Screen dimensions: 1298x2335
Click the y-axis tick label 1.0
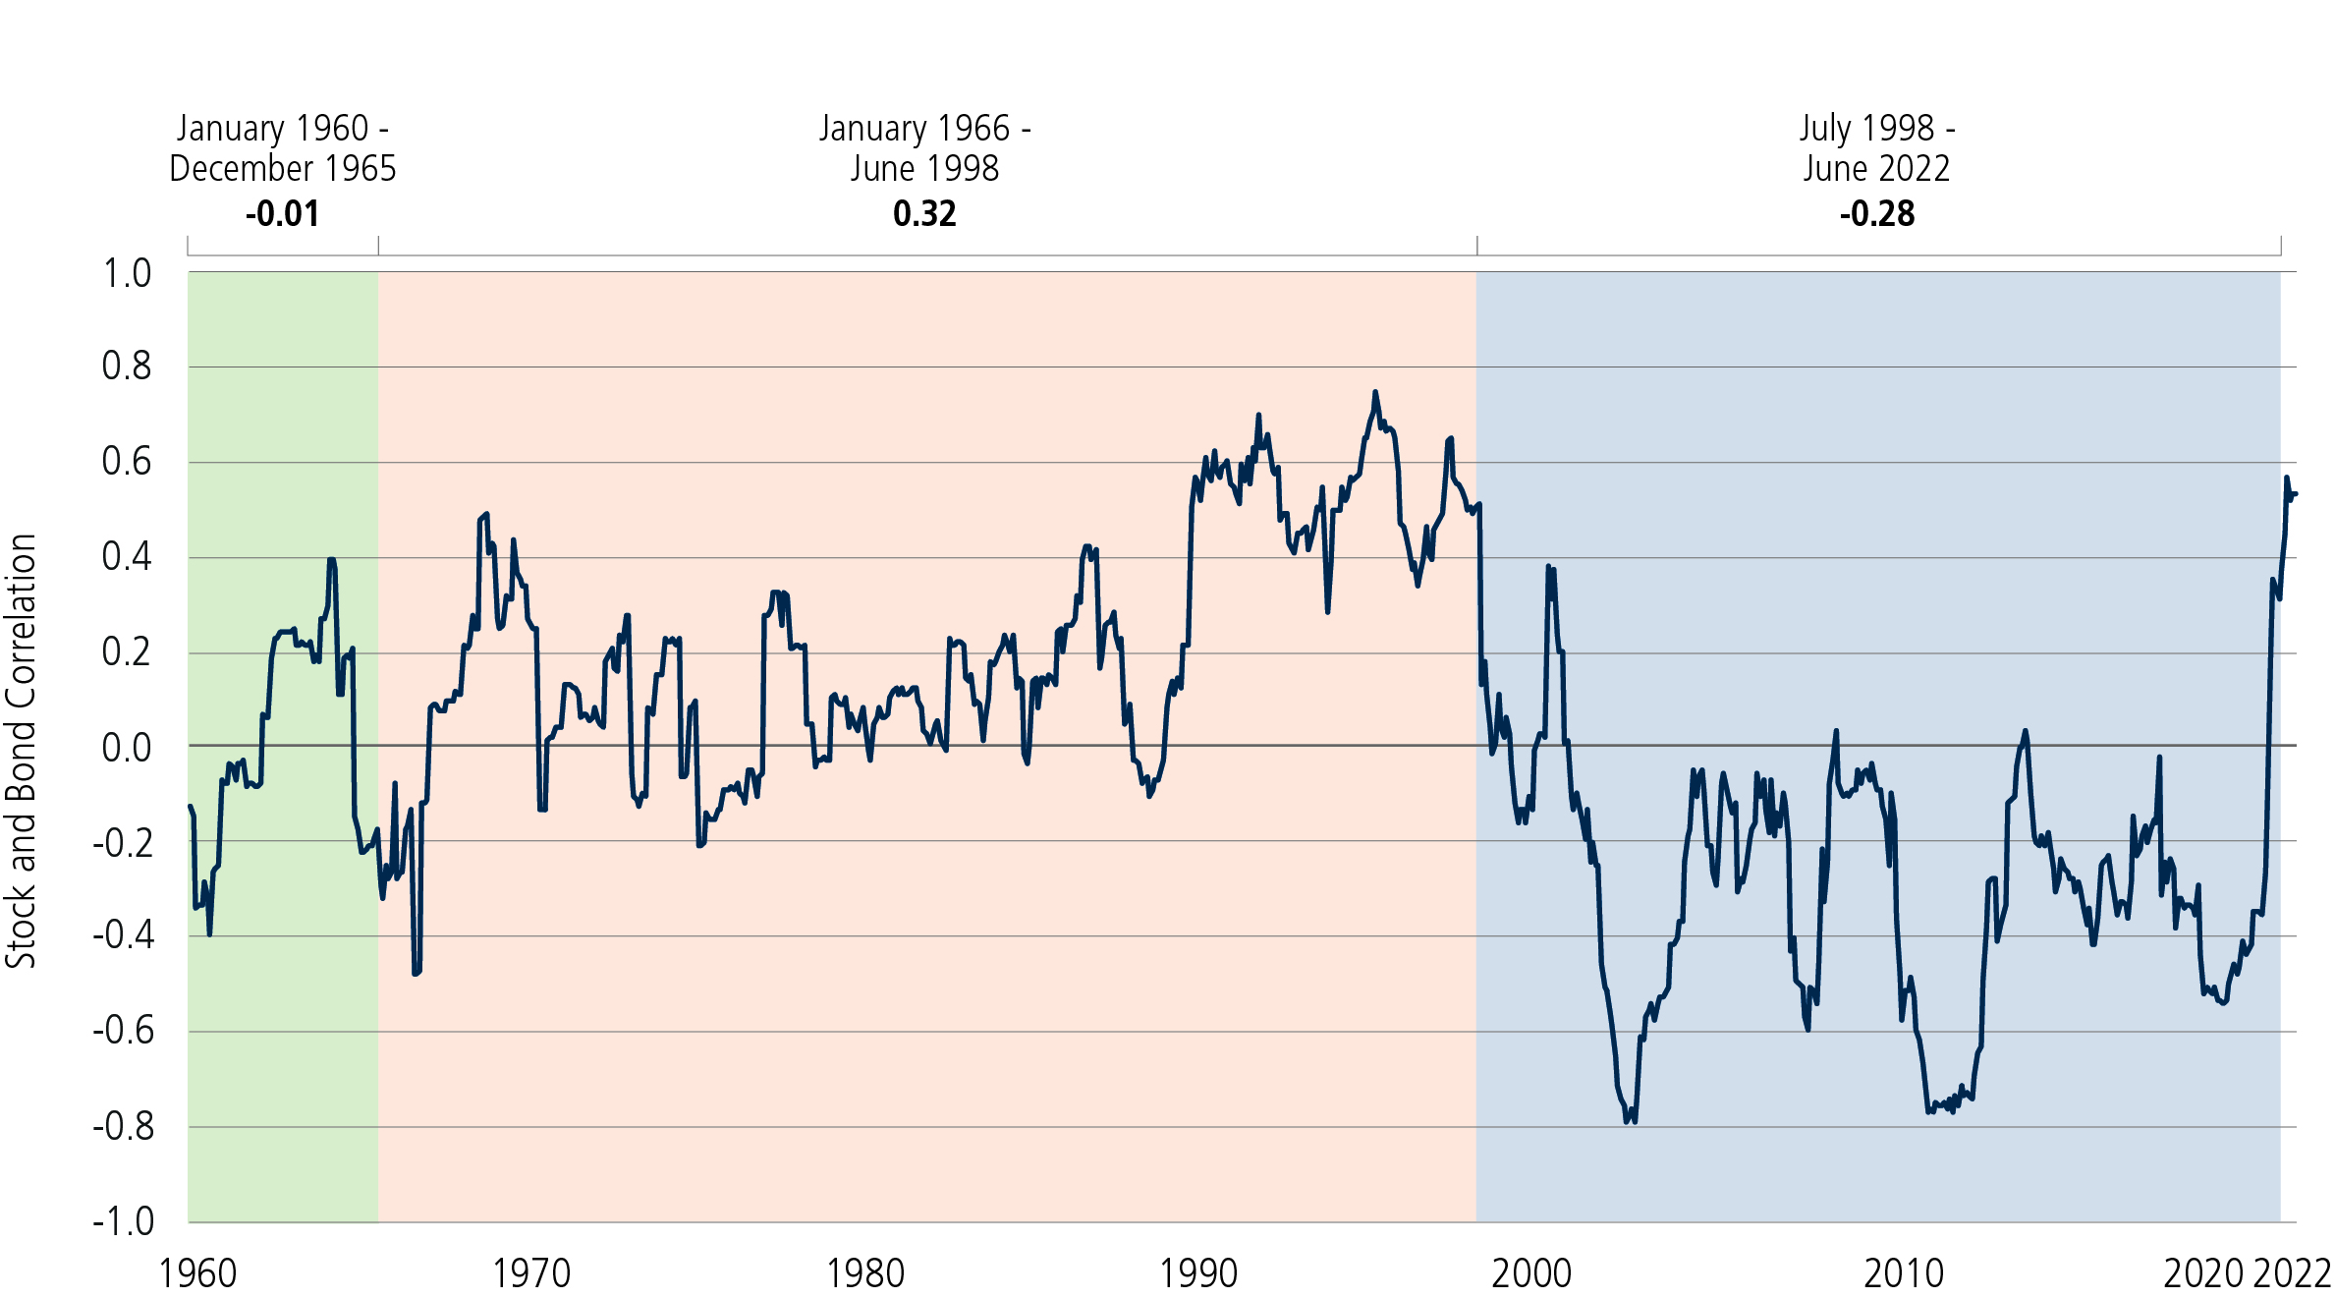tap(127, 273)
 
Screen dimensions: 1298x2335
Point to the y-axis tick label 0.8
tap(127, 367)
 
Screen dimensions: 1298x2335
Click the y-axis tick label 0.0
tap(127, 748)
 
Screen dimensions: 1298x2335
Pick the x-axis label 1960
tap(197, 1273)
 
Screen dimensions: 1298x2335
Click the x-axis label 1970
tap(530, 1273)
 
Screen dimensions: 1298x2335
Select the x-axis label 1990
tap(1197, 1273)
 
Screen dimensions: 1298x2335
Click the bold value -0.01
tap(282, 213)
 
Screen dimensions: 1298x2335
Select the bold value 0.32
tap(924, 213)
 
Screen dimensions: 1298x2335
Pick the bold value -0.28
tap(1876, 213)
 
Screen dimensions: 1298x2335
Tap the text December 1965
tap(282, 168)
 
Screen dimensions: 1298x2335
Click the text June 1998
tap(924, 168)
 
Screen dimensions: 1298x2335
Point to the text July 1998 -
tap(1876, 128)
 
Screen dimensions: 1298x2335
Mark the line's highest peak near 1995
tap(1375, 392)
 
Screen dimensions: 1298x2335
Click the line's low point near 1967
tap(416, 973)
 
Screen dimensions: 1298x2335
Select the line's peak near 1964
tap(332, 560)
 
